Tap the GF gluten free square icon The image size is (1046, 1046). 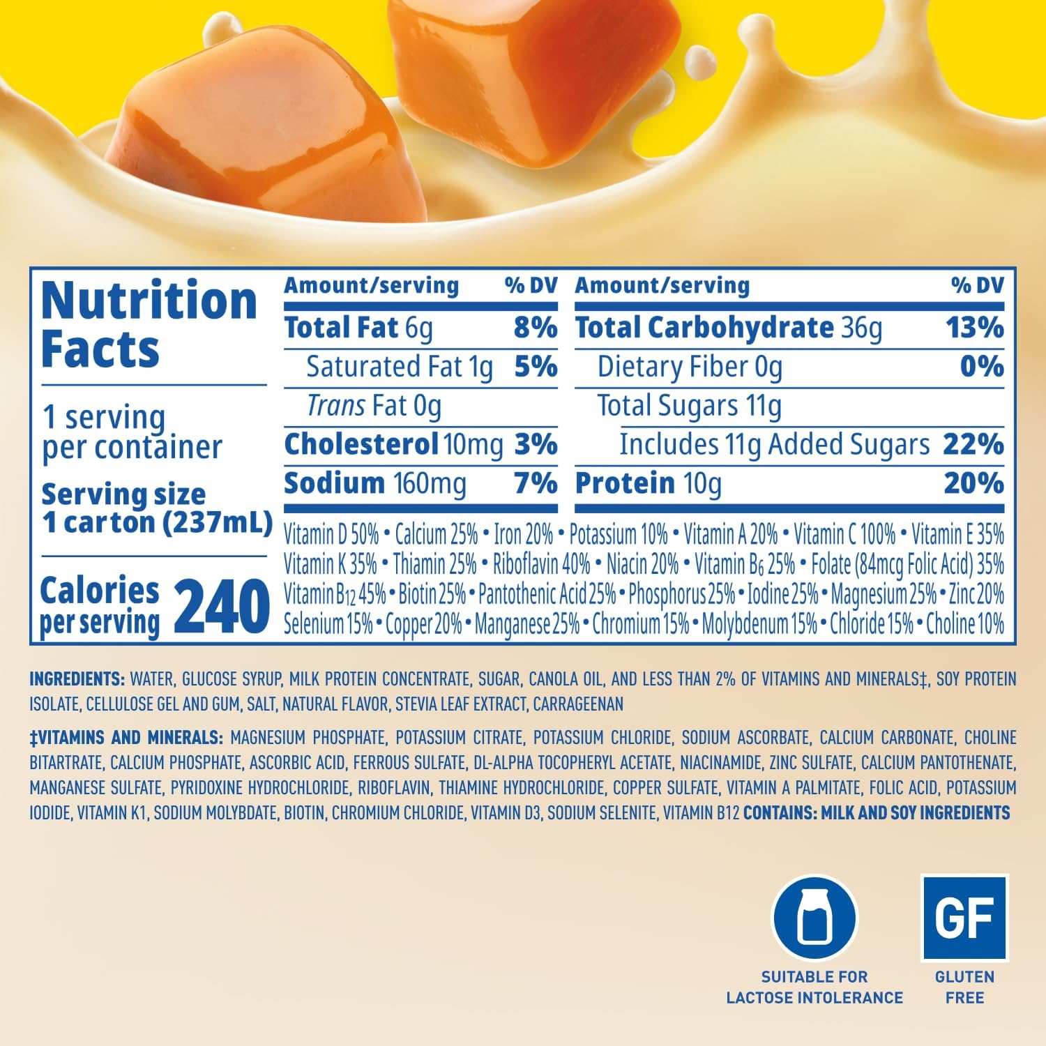964,918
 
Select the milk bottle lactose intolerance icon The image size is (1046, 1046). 814,918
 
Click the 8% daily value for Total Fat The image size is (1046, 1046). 535,328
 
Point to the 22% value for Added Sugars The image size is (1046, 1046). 973,444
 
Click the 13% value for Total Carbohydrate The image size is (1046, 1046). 974,328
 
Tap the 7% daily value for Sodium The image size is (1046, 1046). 535,483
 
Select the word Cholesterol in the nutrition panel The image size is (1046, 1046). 361,444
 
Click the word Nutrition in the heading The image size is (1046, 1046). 149,301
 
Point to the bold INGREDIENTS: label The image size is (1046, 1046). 77,679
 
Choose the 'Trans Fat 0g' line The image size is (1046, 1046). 374,406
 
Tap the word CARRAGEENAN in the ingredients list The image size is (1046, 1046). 578,704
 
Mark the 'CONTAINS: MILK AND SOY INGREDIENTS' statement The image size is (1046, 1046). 877,812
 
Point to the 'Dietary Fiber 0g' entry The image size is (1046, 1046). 690,367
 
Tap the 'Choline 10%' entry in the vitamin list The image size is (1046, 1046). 964,623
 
